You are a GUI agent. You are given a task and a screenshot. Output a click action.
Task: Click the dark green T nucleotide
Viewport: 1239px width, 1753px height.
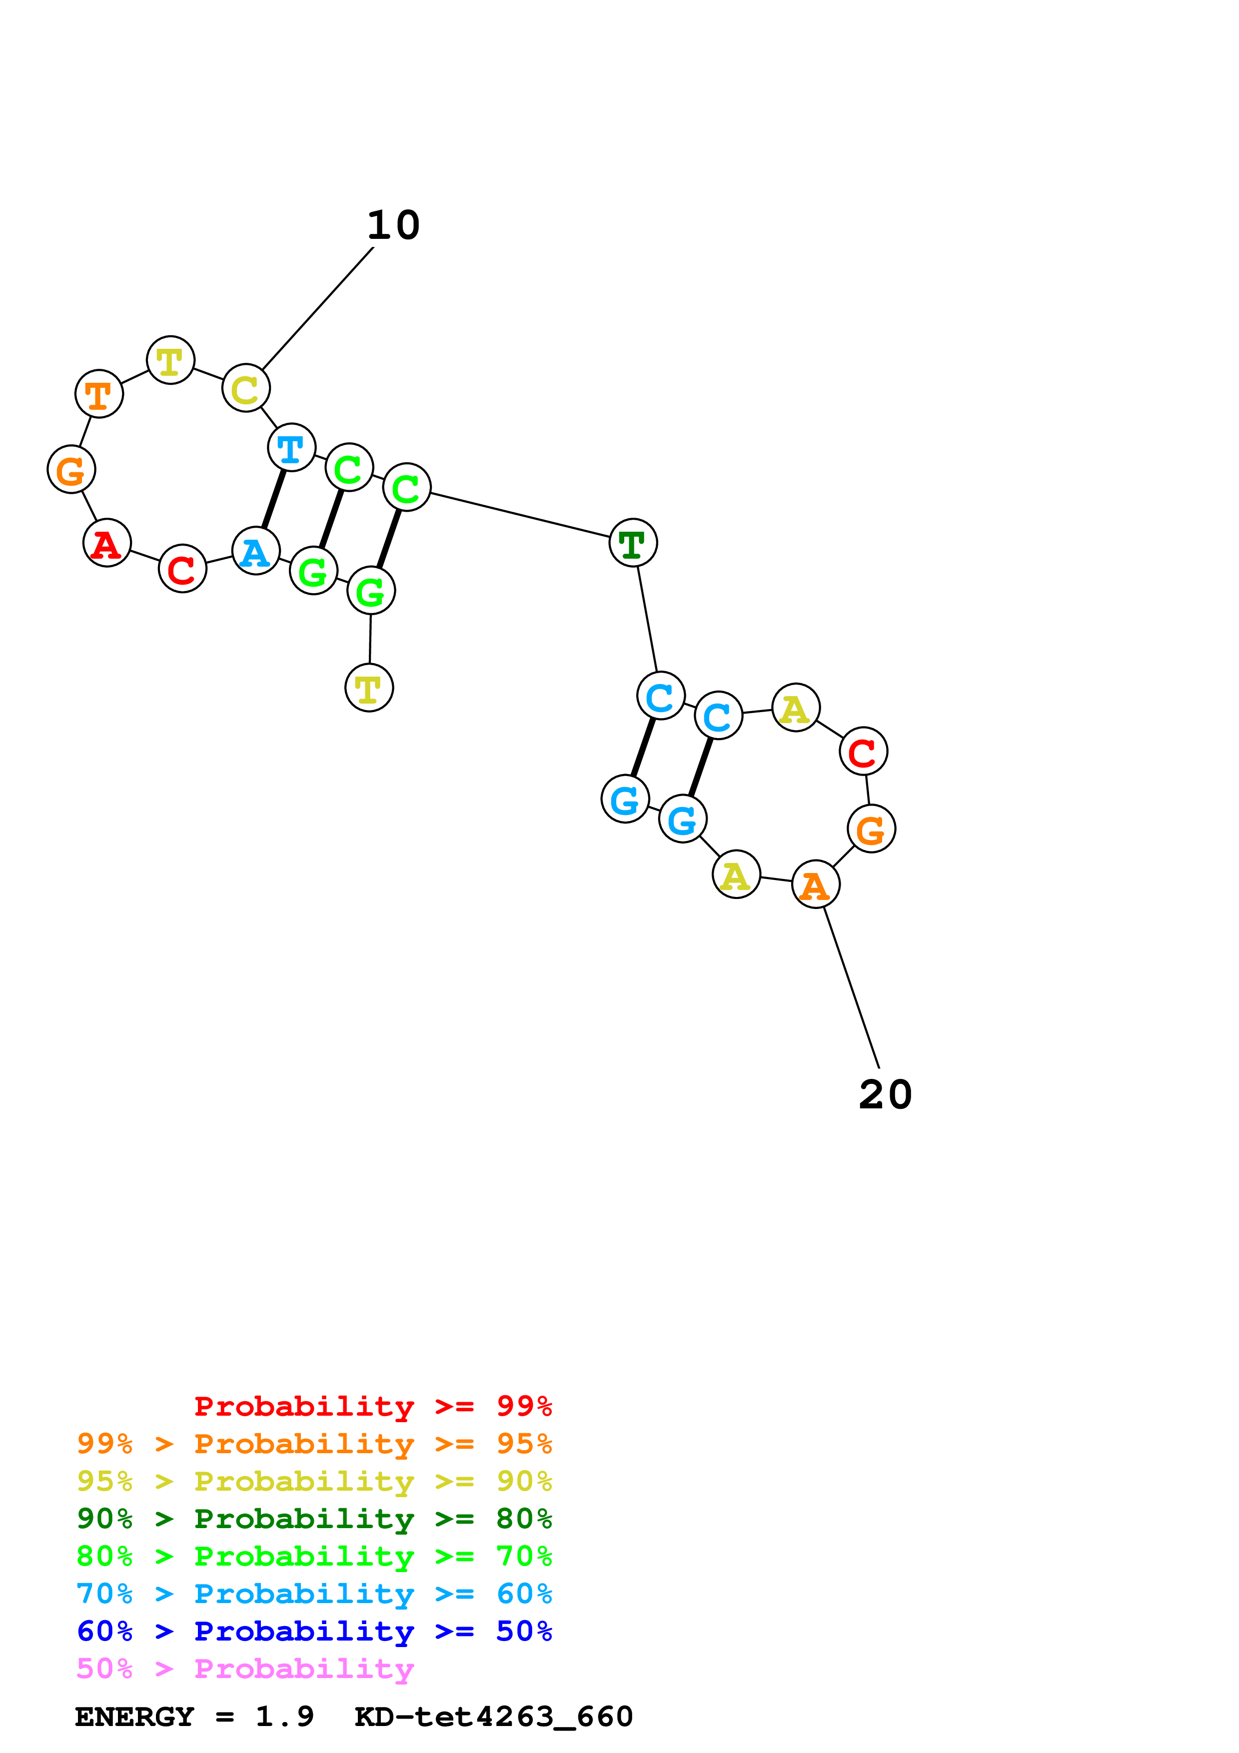click(x=633, y=543)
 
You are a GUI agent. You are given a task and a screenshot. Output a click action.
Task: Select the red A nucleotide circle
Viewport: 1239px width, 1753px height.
click(x=107, y=543)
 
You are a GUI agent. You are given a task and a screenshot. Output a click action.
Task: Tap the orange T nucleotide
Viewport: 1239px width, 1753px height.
click(x=99, y=394)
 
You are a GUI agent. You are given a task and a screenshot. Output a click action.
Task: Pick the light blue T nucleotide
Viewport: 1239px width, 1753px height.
click(x=291, y=447)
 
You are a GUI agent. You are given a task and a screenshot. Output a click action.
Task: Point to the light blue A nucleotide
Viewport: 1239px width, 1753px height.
click(x=256, y=551)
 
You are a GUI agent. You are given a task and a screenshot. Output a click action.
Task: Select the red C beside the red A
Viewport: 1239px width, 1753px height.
click(x=182, y=569)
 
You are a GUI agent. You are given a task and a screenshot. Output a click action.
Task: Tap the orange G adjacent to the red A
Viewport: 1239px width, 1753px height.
click(x=71, y=470)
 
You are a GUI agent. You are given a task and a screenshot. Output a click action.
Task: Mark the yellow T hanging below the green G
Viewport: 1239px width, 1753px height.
click(x=369, y=688)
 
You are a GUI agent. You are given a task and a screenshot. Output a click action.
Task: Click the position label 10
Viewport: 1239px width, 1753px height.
click(x=393, y=225)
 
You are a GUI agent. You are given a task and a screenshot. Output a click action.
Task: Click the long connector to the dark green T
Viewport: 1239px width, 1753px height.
click(x=520, y=515)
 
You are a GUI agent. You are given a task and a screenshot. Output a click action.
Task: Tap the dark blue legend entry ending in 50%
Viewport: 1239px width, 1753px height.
click(x=314, y=1631)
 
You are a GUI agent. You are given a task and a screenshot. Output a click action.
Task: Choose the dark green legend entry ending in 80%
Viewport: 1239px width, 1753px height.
click(x=314, y=1519)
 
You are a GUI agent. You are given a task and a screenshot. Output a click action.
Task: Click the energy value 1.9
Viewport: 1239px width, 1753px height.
click(x=285, y=1717)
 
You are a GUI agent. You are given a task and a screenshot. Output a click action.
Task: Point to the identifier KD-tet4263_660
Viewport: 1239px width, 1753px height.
click(x=493, y=1717)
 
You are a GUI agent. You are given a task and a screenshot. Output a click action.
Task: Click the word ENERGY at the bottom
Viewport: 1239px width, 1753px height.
click(x=134, y=1717)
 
